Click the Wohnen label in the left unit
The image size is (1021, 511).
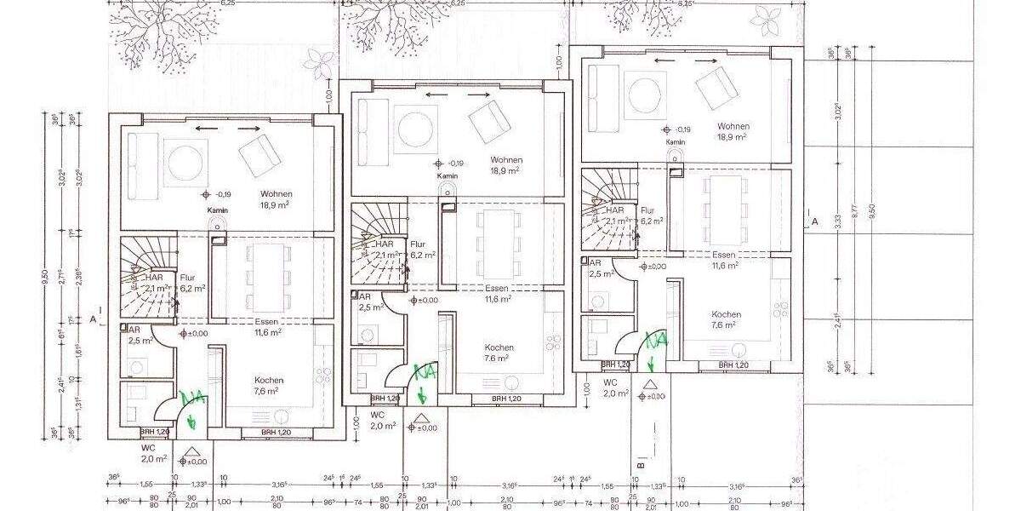tap(277, 194)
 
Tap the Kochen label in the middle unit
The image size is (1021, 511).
tap(499, 347)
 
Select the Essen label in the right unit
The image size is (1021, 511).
tap(724, 255)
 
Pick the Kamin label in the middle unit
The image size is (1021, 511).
tap(448, 176)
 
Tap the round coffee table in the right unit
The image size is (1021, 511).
tap(643, 90)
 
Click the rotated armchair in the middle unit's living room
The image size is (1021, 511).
tap(491, 122)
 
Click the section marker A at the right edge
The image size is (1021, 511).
tap(814, 221)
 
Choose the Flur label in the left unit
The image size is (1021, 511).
tap(186, 278)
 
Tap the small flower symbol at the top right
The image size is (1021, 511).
tap(765, 17)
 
